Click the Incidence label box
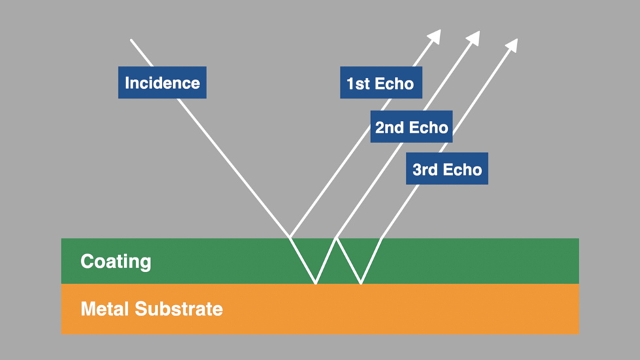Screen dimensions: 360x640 coord(162,83)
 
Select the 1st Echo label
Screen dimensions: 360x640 coord(380,84)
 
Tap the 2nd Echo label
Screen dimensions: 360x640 coord(411,127)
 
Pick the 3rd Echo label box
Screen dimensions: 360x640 coord(447,169)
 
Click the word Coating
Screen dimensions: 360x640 coord(116,262)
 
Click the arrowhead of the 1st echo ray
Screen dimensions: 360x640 coord(436,35)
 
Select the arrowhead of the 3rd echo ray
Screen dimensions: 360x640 coord(513,44)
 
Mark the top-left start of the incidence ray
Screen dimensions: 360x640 coord(131,40)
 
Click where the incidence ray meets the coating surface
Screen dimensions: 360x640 coord(289,238)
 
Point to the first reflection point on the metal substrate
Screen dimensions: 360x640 coord(315,284)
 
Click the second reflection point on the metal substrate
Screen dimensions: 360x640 coord(360,284)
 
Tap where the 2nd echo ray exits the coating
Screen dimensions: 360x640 coord(336,238)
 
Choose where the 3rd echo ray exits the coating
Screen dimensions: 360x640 coord(380,238)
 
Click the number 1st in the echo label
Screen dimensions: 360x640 coord(359,84)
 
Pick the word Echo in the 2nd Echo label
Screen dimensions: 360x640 coord(429,127)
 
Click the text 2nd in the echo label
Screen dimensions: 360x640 coord(389,127)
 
